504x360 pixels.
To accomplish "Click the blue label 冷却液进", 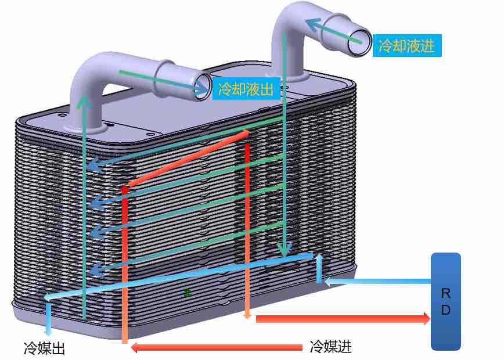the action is [x=407, y=45].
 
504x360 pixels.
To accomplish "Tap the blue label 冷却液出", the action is [x=246, y=88].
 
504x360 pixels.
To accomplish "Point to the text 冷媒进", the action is [x=331, y=347].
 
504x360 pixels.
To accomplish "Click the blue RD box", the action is [x=446, y=301].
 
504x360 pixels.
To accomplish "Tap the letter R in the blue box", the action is [x=446, y=293].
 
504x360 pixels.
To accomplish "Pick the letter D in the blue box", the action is [x=446, y=309].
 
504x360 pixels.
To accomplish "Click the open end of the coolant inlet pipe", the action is [x=359, y=43].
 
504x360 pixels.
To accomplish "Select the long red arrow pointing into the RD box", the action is [x=343, y=319].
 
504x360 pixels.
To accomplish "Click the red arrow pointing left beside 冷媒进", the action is [x=217, y=347].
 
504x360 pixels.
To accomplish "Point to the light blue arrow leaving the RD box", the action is [x=377, y=282].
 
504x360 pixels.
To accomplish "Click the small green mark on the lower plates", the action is [x=188, y=293].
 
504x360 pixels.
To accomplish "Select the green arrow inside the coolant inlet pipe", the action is [x=334, y=31].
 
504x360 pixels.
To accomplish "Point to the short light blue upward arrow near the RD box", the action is [x=319, y=268].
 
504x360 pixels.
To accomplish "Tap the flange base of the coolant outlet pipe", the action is [x=85, y=128].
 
